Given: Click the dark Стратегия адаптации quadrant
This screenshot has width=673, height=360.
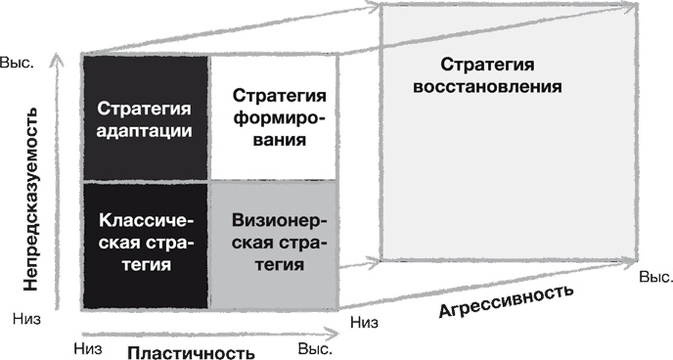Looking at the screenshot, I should [x=145, y=118].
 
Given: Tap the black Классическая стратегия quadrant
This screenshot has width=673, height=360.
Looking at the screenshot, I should [x=145, y=245].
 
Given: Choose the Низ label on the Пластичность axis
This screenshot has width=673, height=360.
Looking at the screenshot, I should [x=88, y=344].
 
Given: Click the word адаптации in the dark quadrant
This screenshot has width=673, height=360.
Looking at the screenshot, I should [x=145, y=129].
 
